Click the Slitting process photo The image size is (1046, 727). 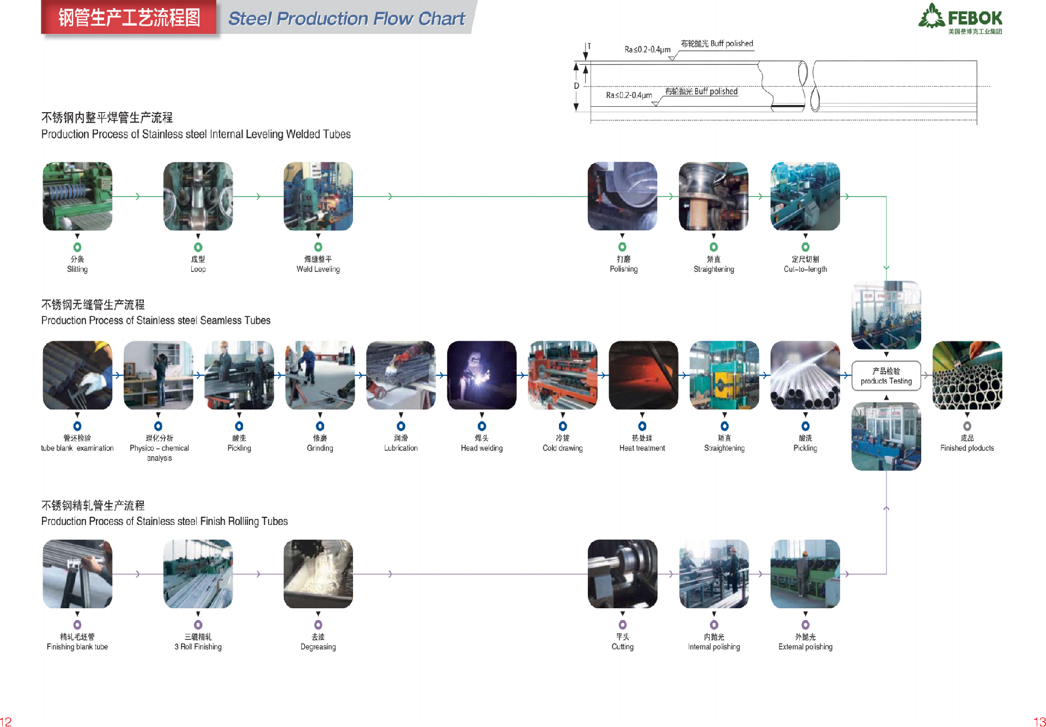pos(77,196)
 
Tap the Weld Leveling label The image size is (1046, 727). pos(318,269)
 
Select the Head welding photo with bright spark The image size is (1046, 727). pos(482,375)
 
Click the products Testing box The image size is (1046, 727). pos(886,376)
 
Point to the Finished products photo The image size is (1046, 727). pos(967,375)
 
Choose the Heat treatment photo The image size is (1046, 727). pos(643,375)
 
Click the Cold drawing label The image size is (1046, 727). pos(562,448)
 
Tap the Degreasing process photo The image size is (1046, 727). pos(318,574)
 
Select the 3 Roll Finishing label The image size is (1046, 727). pos(198,647)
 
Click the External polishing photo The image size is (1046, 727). pos(805,574)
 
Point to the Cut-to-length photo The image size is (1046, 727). pos(805,196)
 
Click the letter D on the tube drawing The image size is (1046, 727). pos(576,86)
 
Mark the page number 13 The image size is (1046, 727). pos(1039,722)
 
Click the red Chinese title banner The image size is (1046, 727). pos(129,18)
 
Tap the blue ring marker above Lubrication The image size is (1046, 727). pos(401,426)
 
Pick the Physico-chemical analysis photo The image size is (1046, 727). pos(158,375)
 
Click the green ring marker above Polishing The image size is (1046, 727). pos(622,247)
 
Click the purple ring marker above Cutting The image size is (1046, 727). pos(623,625)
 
